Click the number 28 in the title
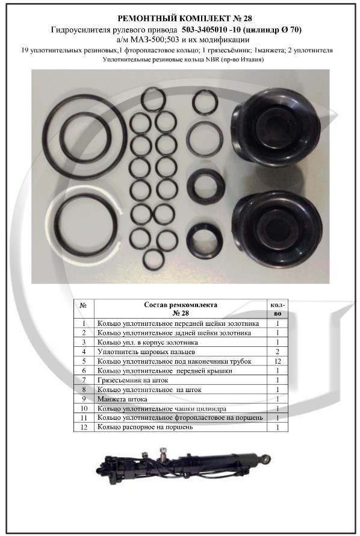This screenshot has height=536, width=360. (247, 18)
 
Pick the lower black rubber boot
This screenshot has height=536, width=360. (278, 229)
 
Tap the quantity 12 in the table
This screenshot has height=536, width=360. (278, 361)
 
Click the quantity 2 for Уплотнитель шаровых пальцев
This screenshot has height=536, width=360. (278, 352)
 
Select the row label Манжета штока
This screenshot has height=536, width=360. (122, 399)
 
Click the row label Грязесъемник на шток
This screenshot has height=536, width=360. (133, 380)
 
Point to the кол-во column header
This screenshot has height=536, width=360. (278, 309)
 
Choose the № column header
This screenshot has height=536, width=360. (84, 305)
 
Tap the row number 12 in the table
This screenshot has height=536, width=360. (84, 428)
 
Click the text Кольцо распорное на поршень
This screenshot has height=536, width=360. (145, 428)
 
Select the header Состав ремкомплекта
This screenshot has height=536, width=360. (181, 305)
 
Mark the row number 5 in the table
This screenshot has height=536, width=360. (84, 361)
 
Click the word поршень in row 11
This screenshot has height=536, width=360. (251, 418)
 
